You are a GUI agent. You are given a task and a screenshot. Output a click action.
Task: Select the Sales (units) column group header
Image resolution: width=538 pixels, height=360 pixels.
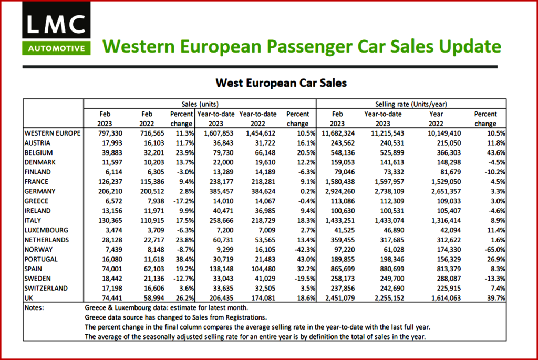click(200, 104)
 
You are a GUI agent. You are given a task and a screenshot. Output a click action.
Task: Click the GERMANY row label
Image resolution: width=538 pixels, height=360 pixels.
click(41, 191)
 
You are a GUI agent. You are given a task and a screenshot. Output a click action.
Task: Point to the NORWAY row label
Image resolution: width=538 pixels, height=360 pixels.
click(40, 250)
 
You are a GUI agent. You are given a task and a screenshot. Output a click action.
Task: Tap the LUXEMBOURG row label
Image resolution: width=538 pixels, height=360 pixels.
click(47, 230)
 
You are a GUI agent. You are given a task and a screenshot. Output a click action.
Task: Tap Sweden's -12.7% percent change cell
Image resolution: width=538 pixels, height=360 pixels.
click(182, 279)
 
